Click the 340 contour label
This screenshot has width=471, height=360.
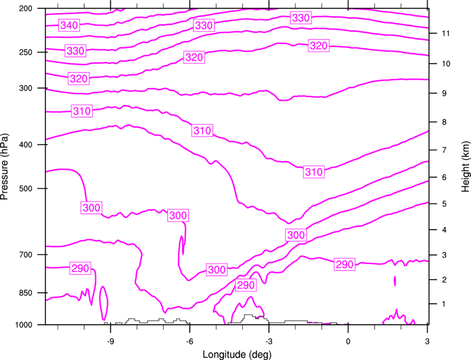(x=69, y=25)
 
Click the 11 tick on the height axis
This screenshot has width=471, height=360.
(x=446, y=33)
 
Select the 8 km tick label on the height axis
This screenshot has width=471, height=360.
(x=444, y=122)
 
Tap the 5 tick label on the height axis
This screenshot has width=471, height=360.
(x=444, y=204)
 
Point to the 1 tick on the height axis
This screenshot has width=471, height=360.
(x=444, y=304)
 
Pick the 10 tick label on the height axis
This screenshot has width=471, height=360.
(x=446, y=64)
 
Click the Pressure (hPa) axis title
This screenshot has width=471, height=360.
(x=4, y=166)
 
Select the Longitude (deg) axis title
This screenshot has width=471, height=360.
(x=237, y=354)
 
